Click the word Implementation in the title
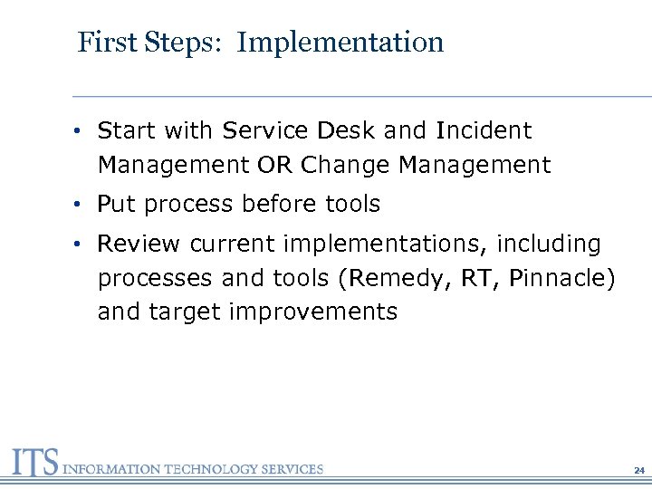pos(340,43)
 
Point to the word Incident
pos(484,131)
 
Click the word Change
pos(344,166)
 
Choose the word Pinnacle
pos(558,278)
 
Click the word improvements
pos(313,312)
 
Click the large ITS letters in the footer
pos(34,464)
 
